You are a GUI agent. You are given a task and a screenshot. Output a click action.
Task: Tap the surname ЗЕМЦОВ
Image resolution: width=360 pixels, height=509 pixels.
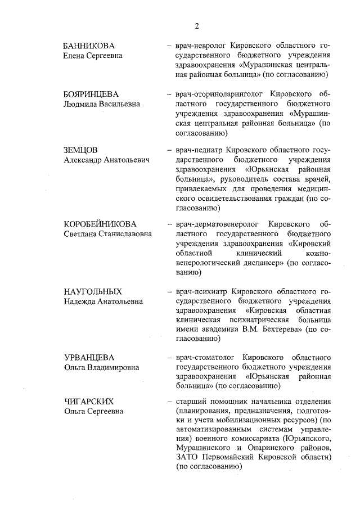pos(81,151)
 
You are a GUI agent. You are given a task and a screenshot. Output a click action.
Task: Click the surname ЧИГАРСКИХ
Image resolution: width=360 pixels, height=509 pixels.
pos(89,401)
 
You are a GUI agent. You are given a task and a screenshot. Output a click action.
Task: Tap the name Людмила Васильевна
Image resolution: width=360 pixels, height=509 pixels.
pos(101,104)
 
